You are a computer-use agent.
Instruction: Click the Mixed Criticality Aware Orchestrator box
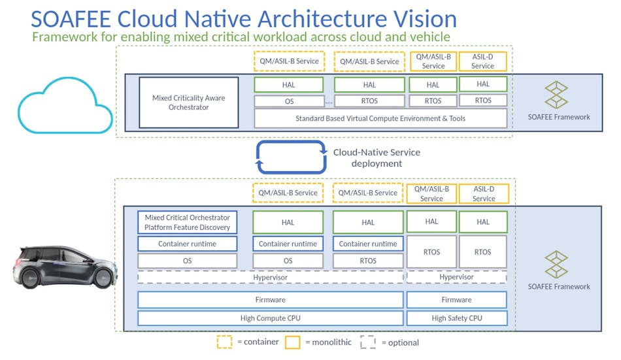[x=188, y=103]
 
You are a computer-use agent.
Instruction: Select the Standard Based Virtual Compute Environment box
[x=380, y=118]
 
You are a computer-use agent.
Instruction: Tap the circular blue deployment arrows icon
[x=292, y=157]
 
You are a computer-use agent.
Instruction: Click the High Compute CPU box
[x=270, y=318]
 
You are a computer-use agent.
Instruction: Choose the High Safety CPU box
[x=456, y=318]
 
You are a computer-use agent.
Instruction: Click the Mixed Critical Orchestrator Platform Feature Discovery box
[x=188, y=222]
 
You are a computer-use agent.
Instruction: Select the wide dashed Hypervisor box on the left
[x=270, y=277]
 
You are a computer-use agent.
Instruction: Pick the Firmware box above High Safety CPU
[x=456, y=300]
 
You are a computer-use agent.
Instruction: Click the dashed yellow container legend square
[x=224, y=342]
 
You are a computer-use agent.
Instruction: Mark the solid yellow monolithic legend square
[x=292, y=342]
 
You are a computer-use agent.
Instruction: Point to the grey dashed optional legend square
[x=368, y=342]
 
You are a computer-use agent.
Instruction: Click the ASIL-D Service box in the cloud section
[x=483, y=61]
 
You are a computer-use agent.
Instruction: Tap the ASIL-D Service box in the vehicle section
[x=484, y=193]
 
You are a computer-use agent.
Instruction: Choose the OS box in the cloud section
[x=288, y=101]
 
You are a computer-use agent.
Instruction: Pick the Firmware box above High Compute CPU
[x=270, y=300]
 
